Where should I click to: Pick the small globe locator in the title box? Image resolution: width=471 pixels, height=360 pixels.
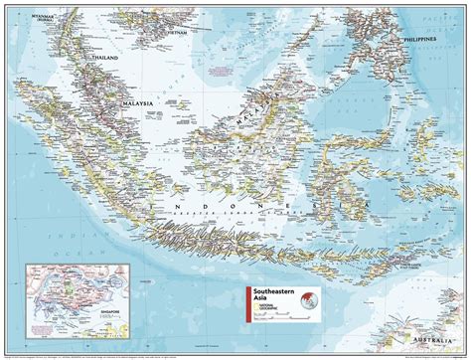(310, 299)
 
